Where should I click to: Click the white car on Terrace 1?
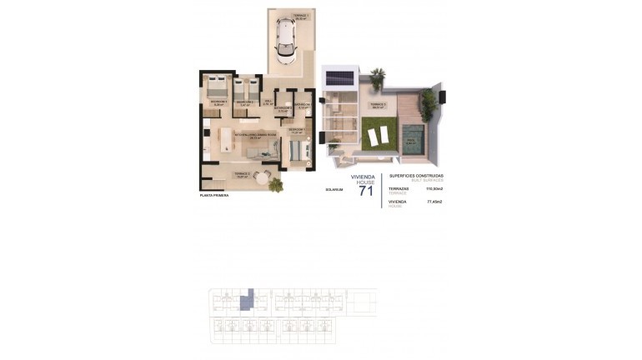coord(286,42)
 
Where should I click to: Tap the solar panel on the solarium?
coord(338,78)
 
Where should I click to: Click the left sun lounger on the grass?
coord(373,132)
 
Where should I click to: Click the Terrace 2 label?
coord(243,174)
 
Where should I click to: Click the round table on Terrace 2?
coord(265,177)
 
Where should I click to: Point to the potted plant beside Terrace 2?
coord(276,184)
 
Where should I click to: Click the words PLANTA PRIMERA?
coord(214,195)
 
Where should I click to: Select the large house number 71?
coord(365,191)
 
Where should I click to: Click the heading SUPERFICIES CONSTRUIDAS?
coord(417,175)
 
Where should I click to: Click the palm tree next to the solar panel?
coord(378,78)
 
